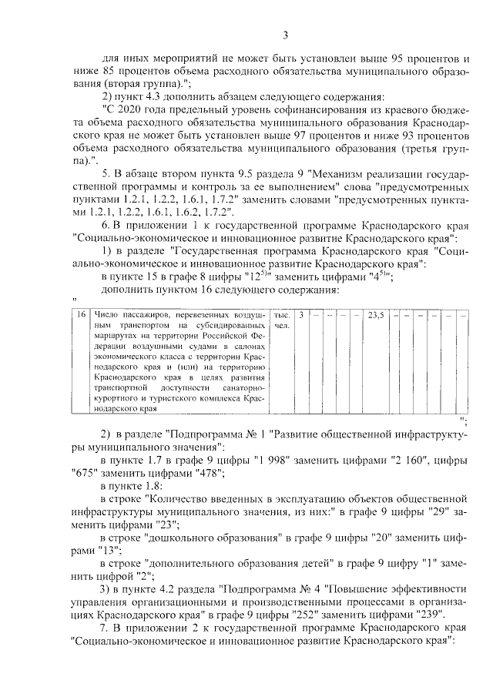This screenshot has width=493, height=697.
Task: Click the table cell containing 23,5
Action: click(x=376, y=315)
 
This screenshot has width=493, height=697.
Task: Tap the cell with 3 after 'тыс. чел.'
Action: click(x=300, y=315)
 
